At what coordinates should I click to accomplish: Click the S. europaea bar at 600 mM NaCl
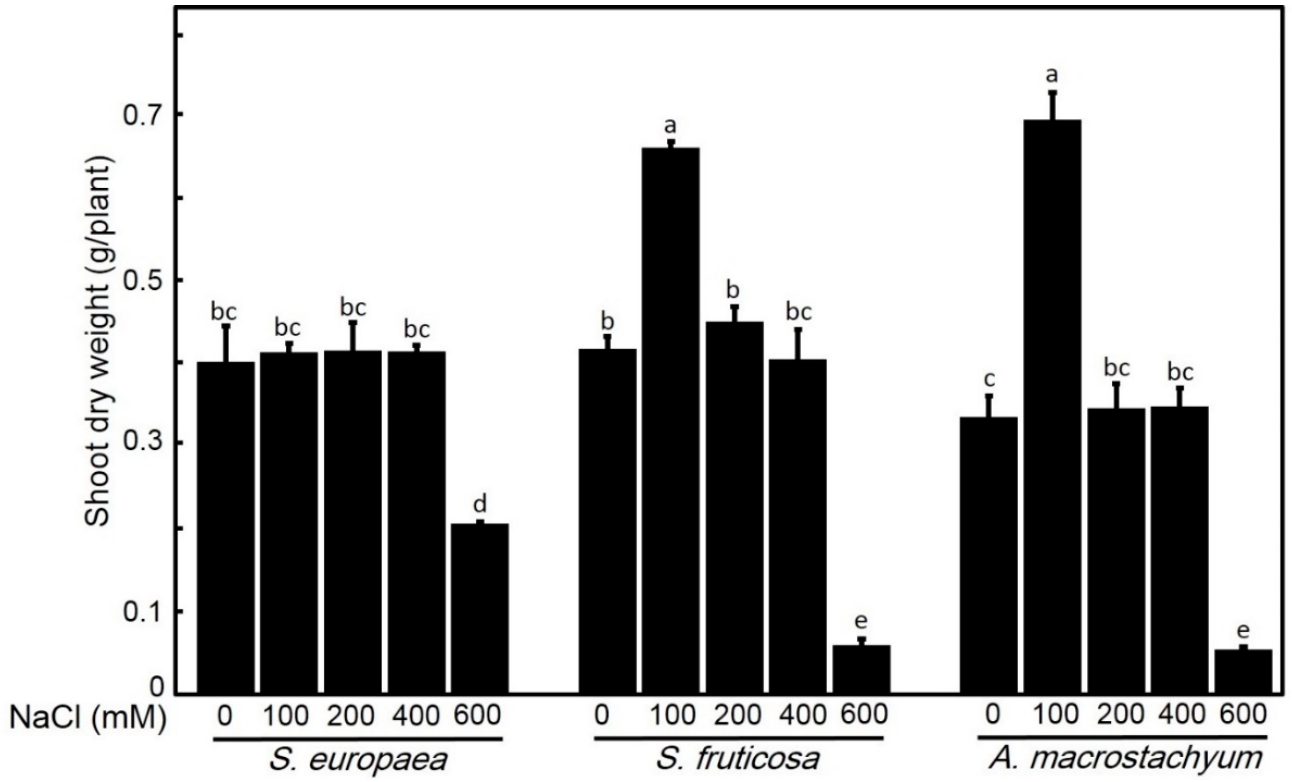click(x=480, y=608)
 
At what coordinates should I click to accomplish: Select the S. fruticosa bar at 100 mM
click(x=671, y=419)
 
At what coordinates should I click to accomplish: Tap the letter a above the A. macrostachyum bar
click(x=1052, y=75)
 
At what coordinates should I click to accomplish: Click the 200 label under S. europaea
click(x=351, y=716)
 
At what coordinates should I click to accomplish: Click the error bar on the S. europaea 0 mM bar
click(x=226, y=343)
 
